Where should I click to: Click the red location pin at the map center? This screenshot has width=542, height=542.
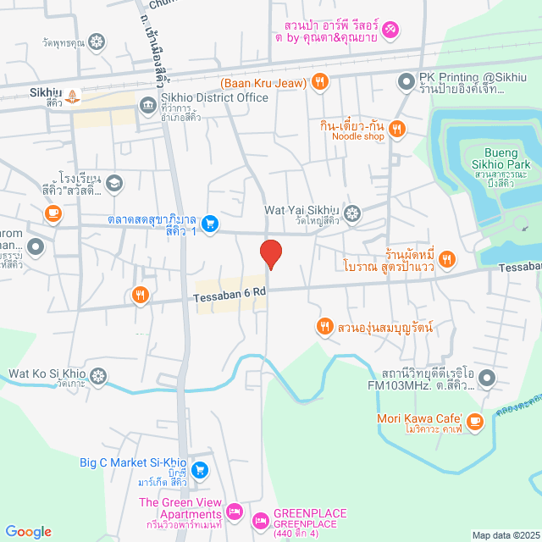pyautogui.click(x=270, y=254)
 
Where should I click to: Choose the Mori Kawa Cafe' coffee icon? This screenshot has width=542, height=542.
pyautogui.click(x=474, y=419)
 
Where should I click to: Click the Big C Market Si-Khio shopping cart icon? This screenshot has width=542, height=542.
pyautogui.click(x=200, y=469)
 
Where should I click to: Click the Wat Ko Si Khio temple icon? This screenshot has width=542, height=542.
pyautogui.click(x=99, y=374)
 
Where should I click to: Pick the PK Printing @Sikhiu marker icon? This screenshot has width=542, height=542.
pyautogui.click(x=405, y=81)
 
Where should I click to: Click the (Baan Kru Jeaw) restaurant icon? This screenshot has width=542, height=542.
pyautogui.click(x=319, y=82)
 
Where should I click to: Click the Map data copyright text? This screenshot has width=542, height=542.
pyautogui.click(x=505, y=535)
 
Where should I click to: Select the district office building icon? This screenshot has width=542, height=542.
pyautogui.click(x=147, y=104)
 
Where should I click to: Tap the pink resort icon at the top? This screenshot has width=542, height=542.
pyautogui.click(x=390, y=30)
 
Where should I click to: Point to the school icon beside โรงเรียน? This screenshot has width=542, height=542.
pyautogui.click(x=113, y=181)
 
